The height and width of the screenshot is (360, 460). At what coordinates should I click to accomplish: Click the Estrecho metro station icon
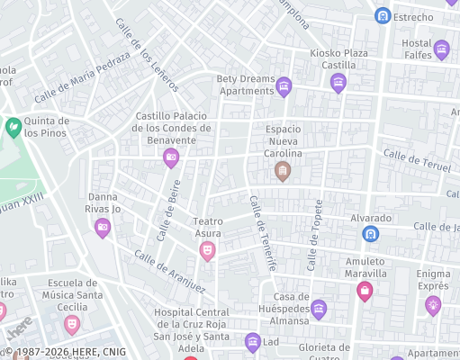click(383, 16)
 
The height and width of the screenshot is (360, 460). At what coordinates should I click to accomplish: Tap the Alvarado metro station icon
click(370, 234)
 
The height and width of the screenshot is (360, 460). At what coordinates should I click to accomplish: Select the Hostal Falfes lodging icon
click(441, 49)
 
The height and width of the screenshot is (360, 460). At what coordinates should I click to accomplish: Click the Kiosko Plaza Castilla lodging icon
click(338, 84)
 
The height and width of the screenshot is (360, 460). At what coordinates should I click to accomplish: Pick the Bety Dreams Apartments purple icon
click(284, 87)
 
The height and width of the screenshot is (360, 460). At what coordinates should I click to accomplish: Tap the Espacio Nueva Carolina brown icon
click(283, 171)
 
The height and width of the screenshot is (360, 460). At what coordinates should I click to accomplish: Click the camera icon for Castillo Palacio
click(171, 158)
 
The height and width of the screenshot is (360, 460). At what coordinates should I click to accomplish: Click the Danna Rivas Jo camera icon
click(103, 228)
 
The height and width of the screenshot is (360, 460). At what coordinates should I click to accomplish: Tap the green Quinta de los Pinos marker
click(14, 127)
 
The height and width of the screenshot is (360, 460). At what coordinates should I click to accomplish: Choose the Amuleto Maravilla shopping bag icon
click(365, 291)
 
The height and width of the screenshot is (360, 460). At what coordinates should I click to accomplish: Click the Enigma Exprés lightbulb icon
click(433, 304)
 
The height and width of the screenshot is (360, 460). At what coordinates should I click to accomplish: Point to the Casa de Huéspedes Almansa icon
click(318, 308)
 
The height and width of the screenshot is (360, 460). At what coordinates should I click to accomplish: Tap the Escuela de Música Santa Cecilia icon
click(72, 322)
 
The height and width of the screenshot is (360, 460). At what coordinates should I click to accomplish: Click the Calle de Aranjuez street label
click(170, 270)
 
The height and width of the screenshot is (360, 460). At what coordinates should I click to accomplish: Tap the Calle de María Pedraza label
click(82, 82)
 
